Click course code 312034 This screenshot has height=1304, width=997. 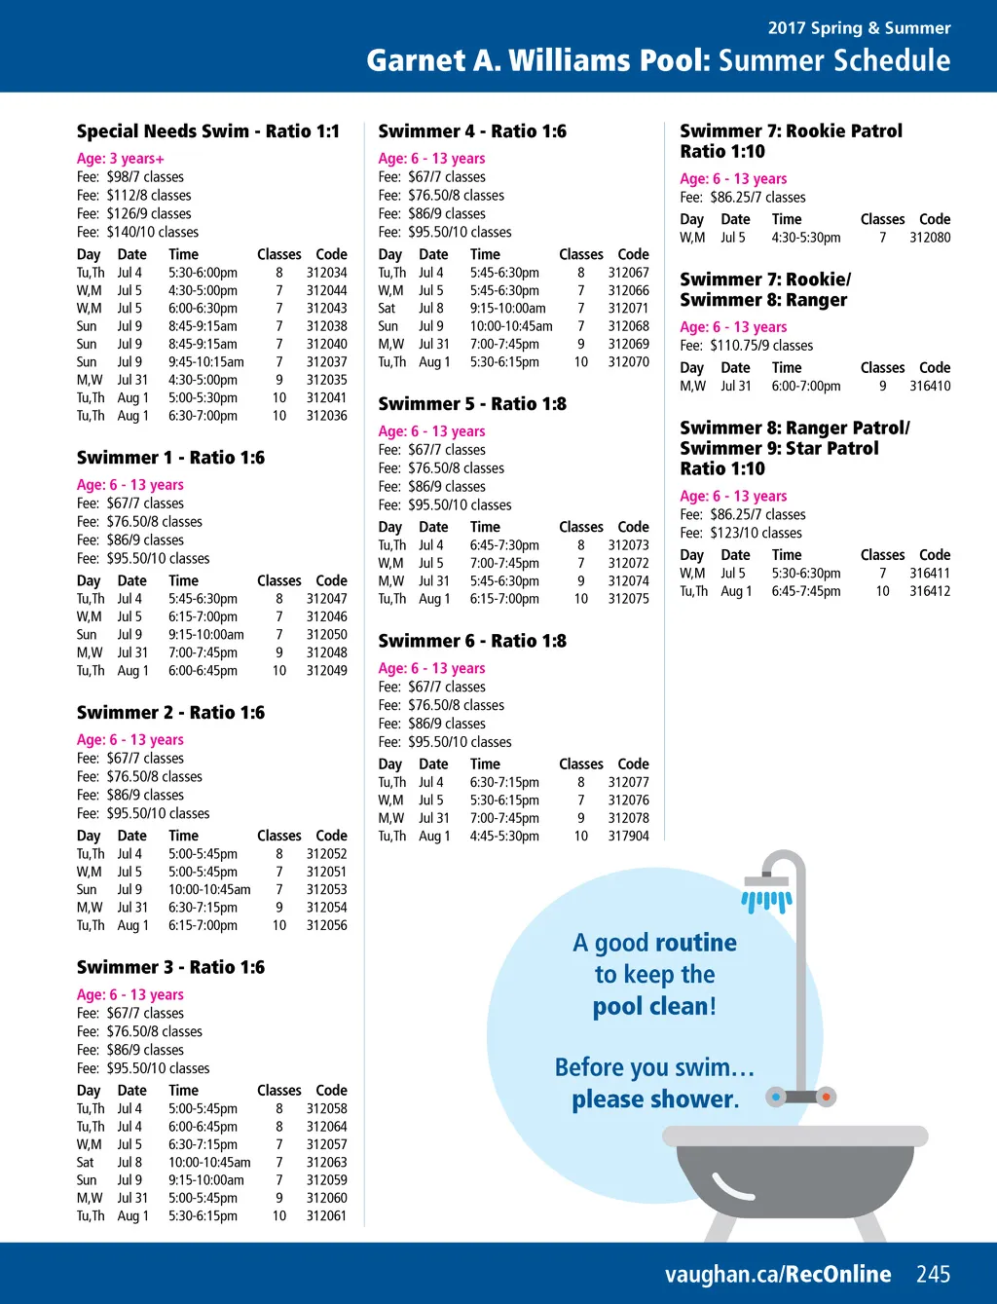tap(326, 273)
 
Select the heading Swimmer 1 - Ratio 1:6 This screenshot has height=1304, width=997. tap(170, 458)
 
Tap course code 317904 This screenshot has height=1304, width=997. tap(628, 836)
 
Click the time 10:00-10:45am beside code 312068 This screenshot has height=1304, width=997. tap(511, 326)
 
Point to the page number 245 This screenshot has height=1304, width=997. tap(933, 1274)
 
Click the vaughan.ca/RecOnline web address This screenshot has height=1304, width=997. tap(778, 1274)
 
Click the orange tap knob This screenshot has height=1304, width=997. tap(827, 1097)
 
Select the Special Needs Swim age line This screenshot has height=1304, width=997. tap(121, 159)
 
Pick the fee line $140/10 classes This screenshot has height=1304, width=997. tap(137, 232)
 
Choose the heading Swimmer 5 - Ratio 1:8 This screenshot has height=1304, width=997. tap(472, 404)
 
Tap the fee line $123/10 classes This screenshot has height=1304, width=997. tap(741, 533)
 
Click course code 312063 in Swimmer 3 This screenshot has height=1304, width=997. tap(326, 1162)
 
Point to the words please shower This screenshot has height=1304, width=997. tap(655, 1099)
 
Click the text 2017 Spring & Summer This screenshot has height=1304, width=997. tap(859, 28)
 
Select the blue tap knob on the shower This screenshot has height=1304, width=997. tap(776, 1097)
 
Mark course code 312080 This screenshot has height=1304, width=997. tap(930, 237)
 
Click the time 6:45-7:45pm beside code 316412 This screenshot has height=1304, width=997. tap(806, 591)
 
